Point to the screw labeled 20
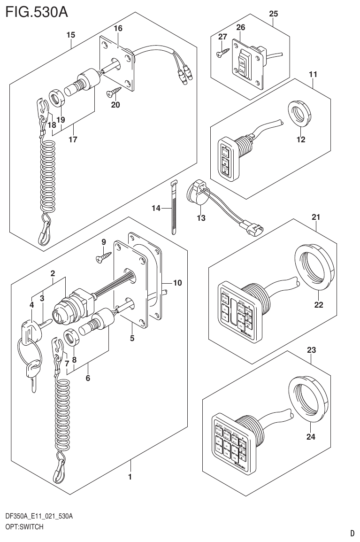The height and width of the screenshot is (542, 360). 114,89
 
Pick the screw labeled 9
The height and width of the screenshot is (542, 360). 104,255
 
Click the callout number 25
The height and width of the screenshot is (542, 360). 273,14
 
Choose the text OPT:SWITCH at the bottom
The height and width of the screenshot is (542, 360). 24,527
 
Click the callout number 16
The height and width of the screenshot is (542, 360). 117,29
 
